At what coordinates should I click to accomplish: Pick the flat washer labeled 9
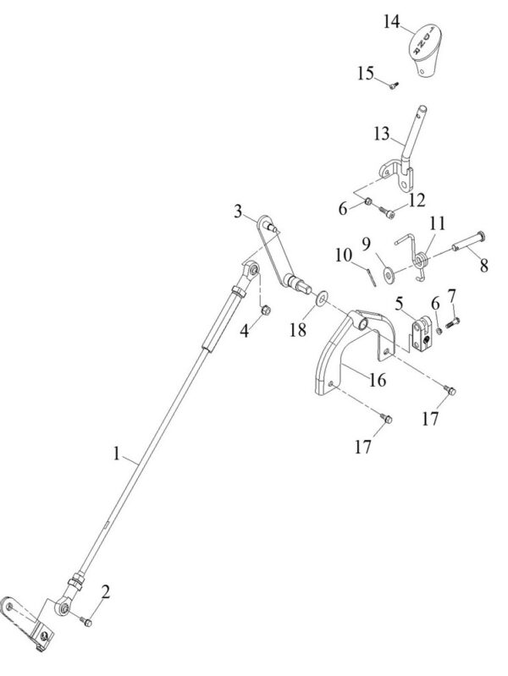388,273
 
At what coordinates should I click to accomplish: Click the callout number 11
436,223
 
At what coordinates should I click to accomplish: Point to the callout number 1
118,454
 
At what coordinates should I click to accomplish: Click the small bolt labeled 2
86,622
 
